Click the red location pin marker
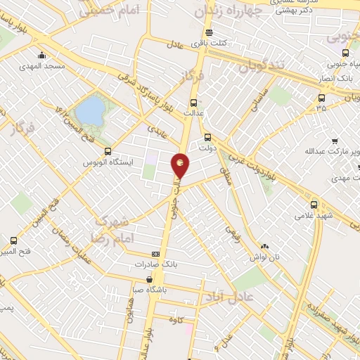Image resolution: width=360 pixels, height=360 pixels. click(181, 167)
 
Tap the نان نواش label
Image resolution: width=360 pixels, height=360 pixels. click(266, 257)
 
